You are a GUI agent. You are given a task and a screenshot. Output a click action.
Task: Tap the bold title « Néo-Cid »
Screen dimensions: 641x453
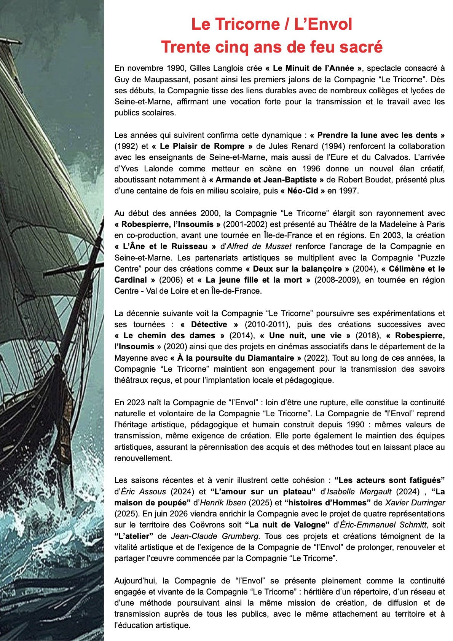[303, 191]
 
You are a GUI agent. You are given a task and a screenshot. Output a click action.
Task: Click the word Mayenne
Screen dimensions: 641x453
[129, 358]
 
